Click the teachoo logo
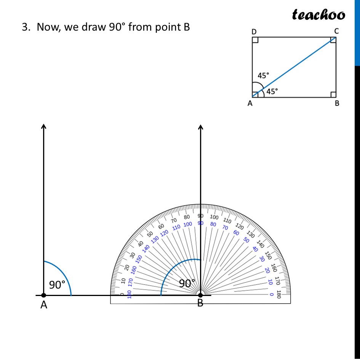pos(318,15)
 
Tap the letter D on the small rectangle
pos(254,31)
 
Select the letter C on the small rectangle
pos(336,31)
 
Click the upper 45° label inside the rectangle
pos(263,75)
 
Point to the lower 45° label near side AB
pos(272,91)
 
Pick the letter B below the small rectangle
pos(337,103)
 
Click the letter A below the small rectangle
pos(250,103)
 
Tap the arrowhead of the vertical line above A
pos(44,127)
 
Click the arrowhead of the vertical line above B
pos(201,127)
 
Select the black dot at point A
pos(44,295)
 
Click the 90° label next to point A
pos(57,285)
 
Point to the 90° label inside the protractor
pos(187,283)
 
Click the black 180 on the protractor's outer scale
pos(279,294)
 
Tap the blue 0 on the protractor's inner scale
pos(271,294)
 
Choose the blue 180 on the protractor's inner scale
pos(130,294)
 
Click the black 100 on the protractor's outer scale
pos(214,218)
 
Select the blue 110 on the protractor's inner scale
pos(176,227)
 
